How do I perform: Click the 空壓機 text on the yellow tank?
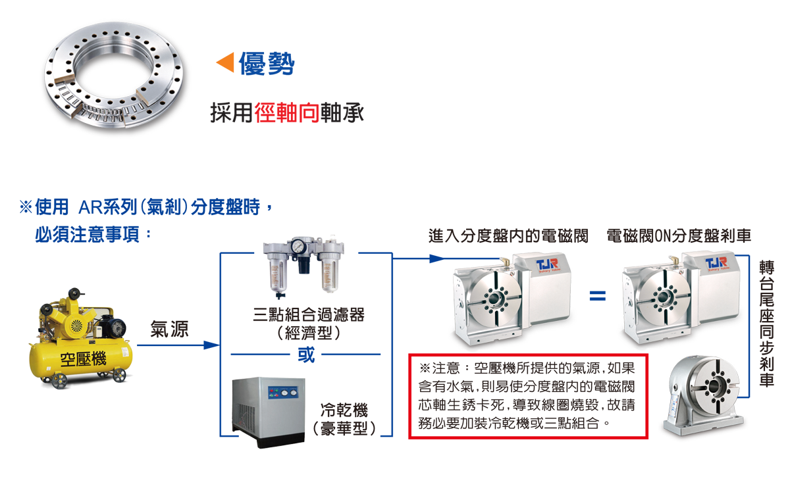(x=80, y=360)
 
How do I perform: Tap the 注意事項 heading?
(x=66, y=256)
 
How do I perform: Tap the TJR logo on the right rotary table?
(x=716, y=264)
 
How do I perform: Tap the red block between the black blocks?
(x=287, y=99)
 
